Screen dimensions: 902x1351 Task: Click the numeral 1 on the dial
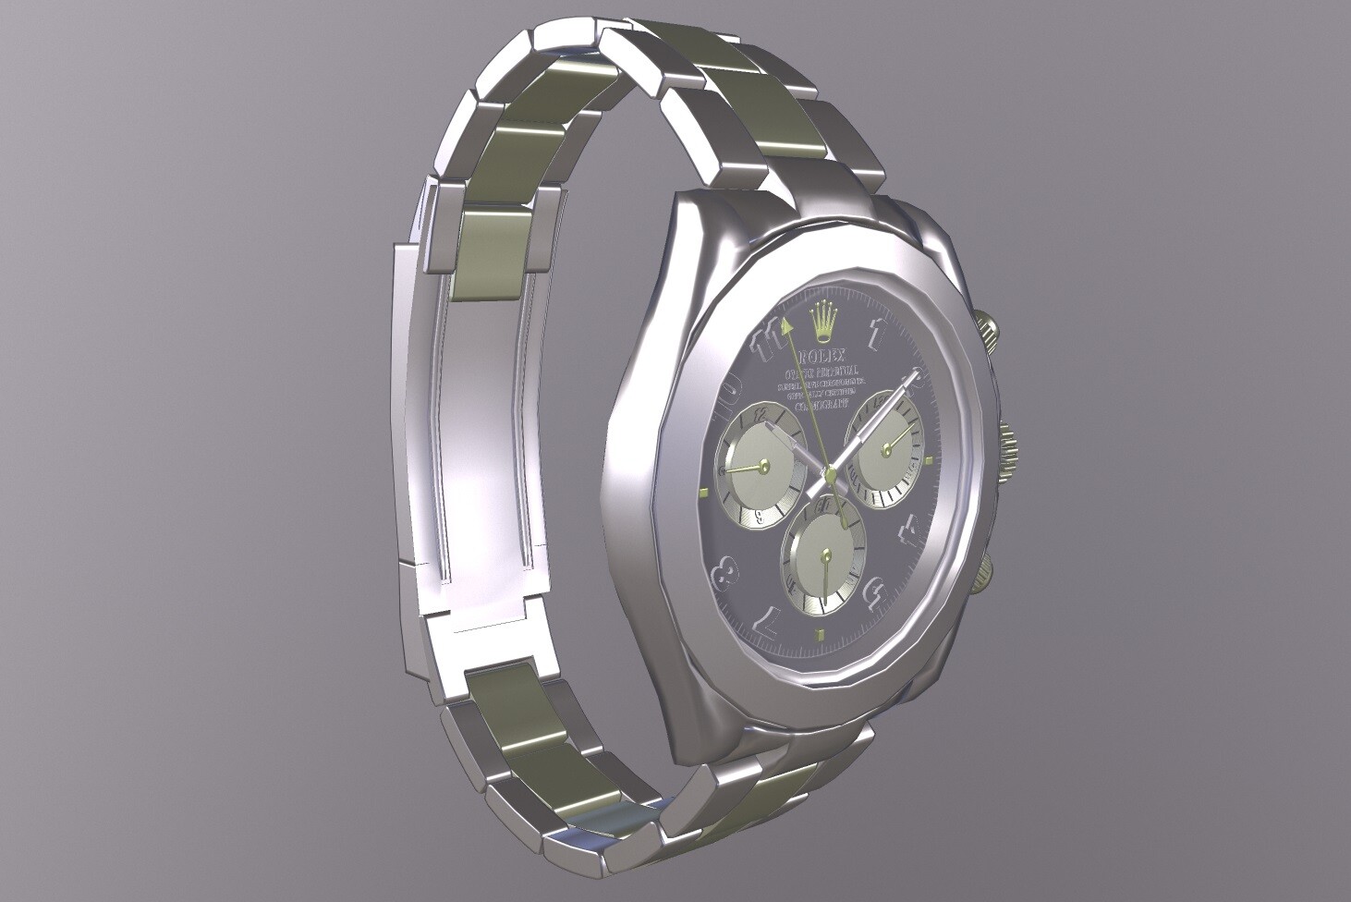877,332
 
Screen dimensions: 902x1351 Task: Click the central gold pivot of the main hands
830,476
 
